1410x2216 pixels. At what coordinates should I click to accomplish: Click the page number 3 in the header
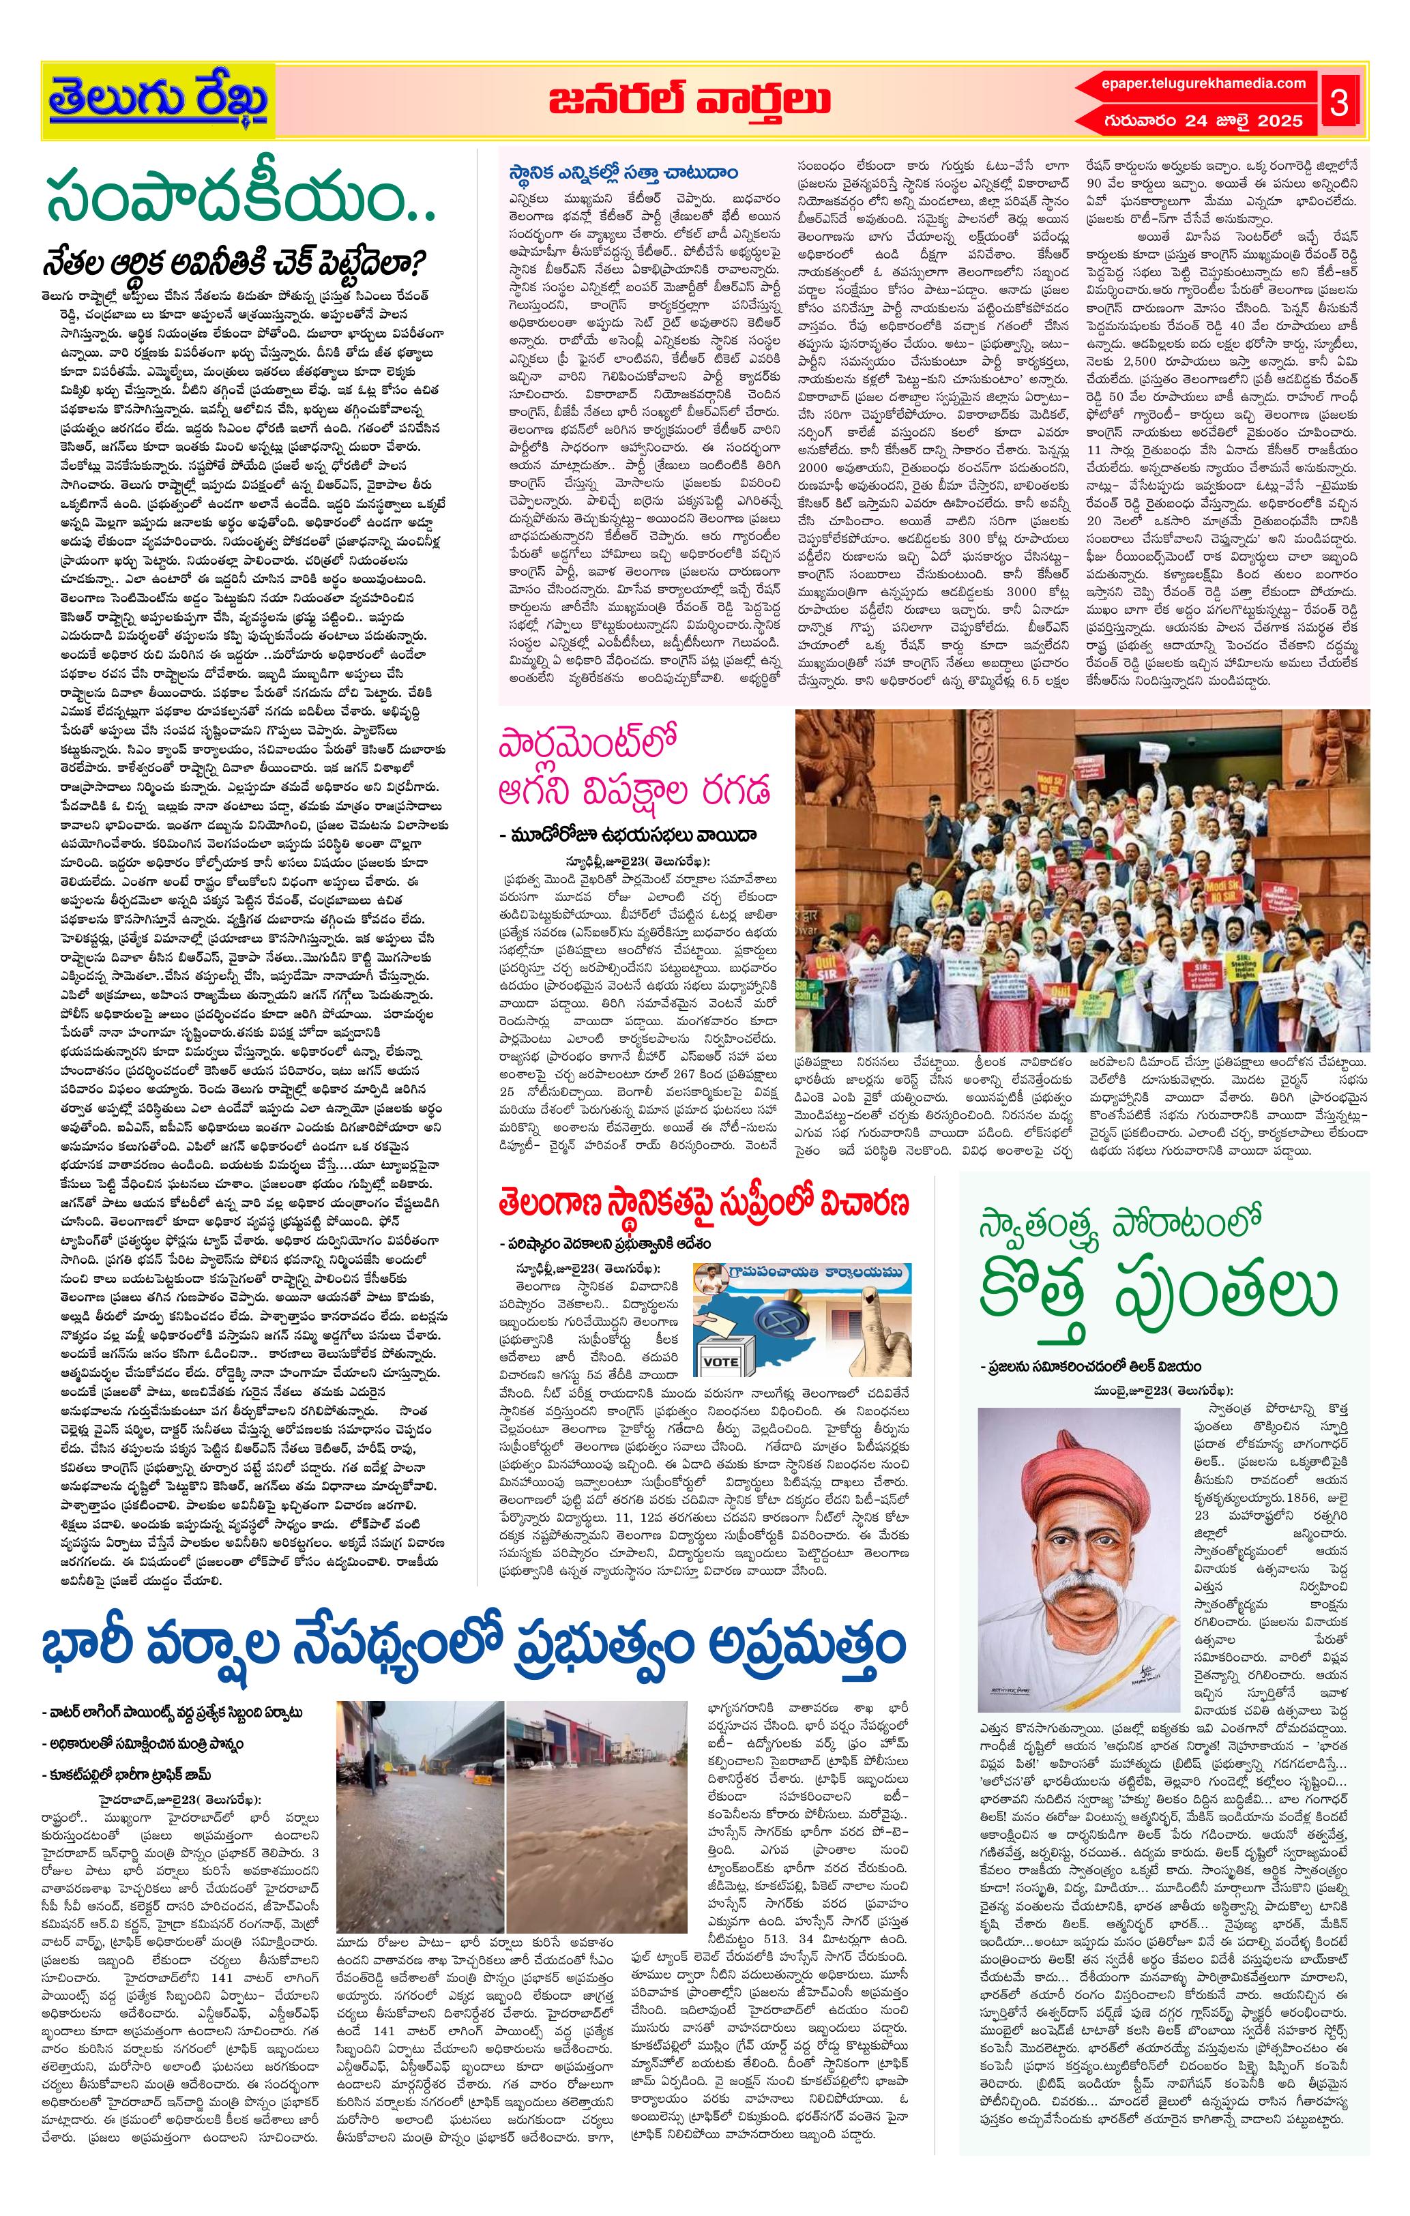pyautogui.click(x=1339, y=104)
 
